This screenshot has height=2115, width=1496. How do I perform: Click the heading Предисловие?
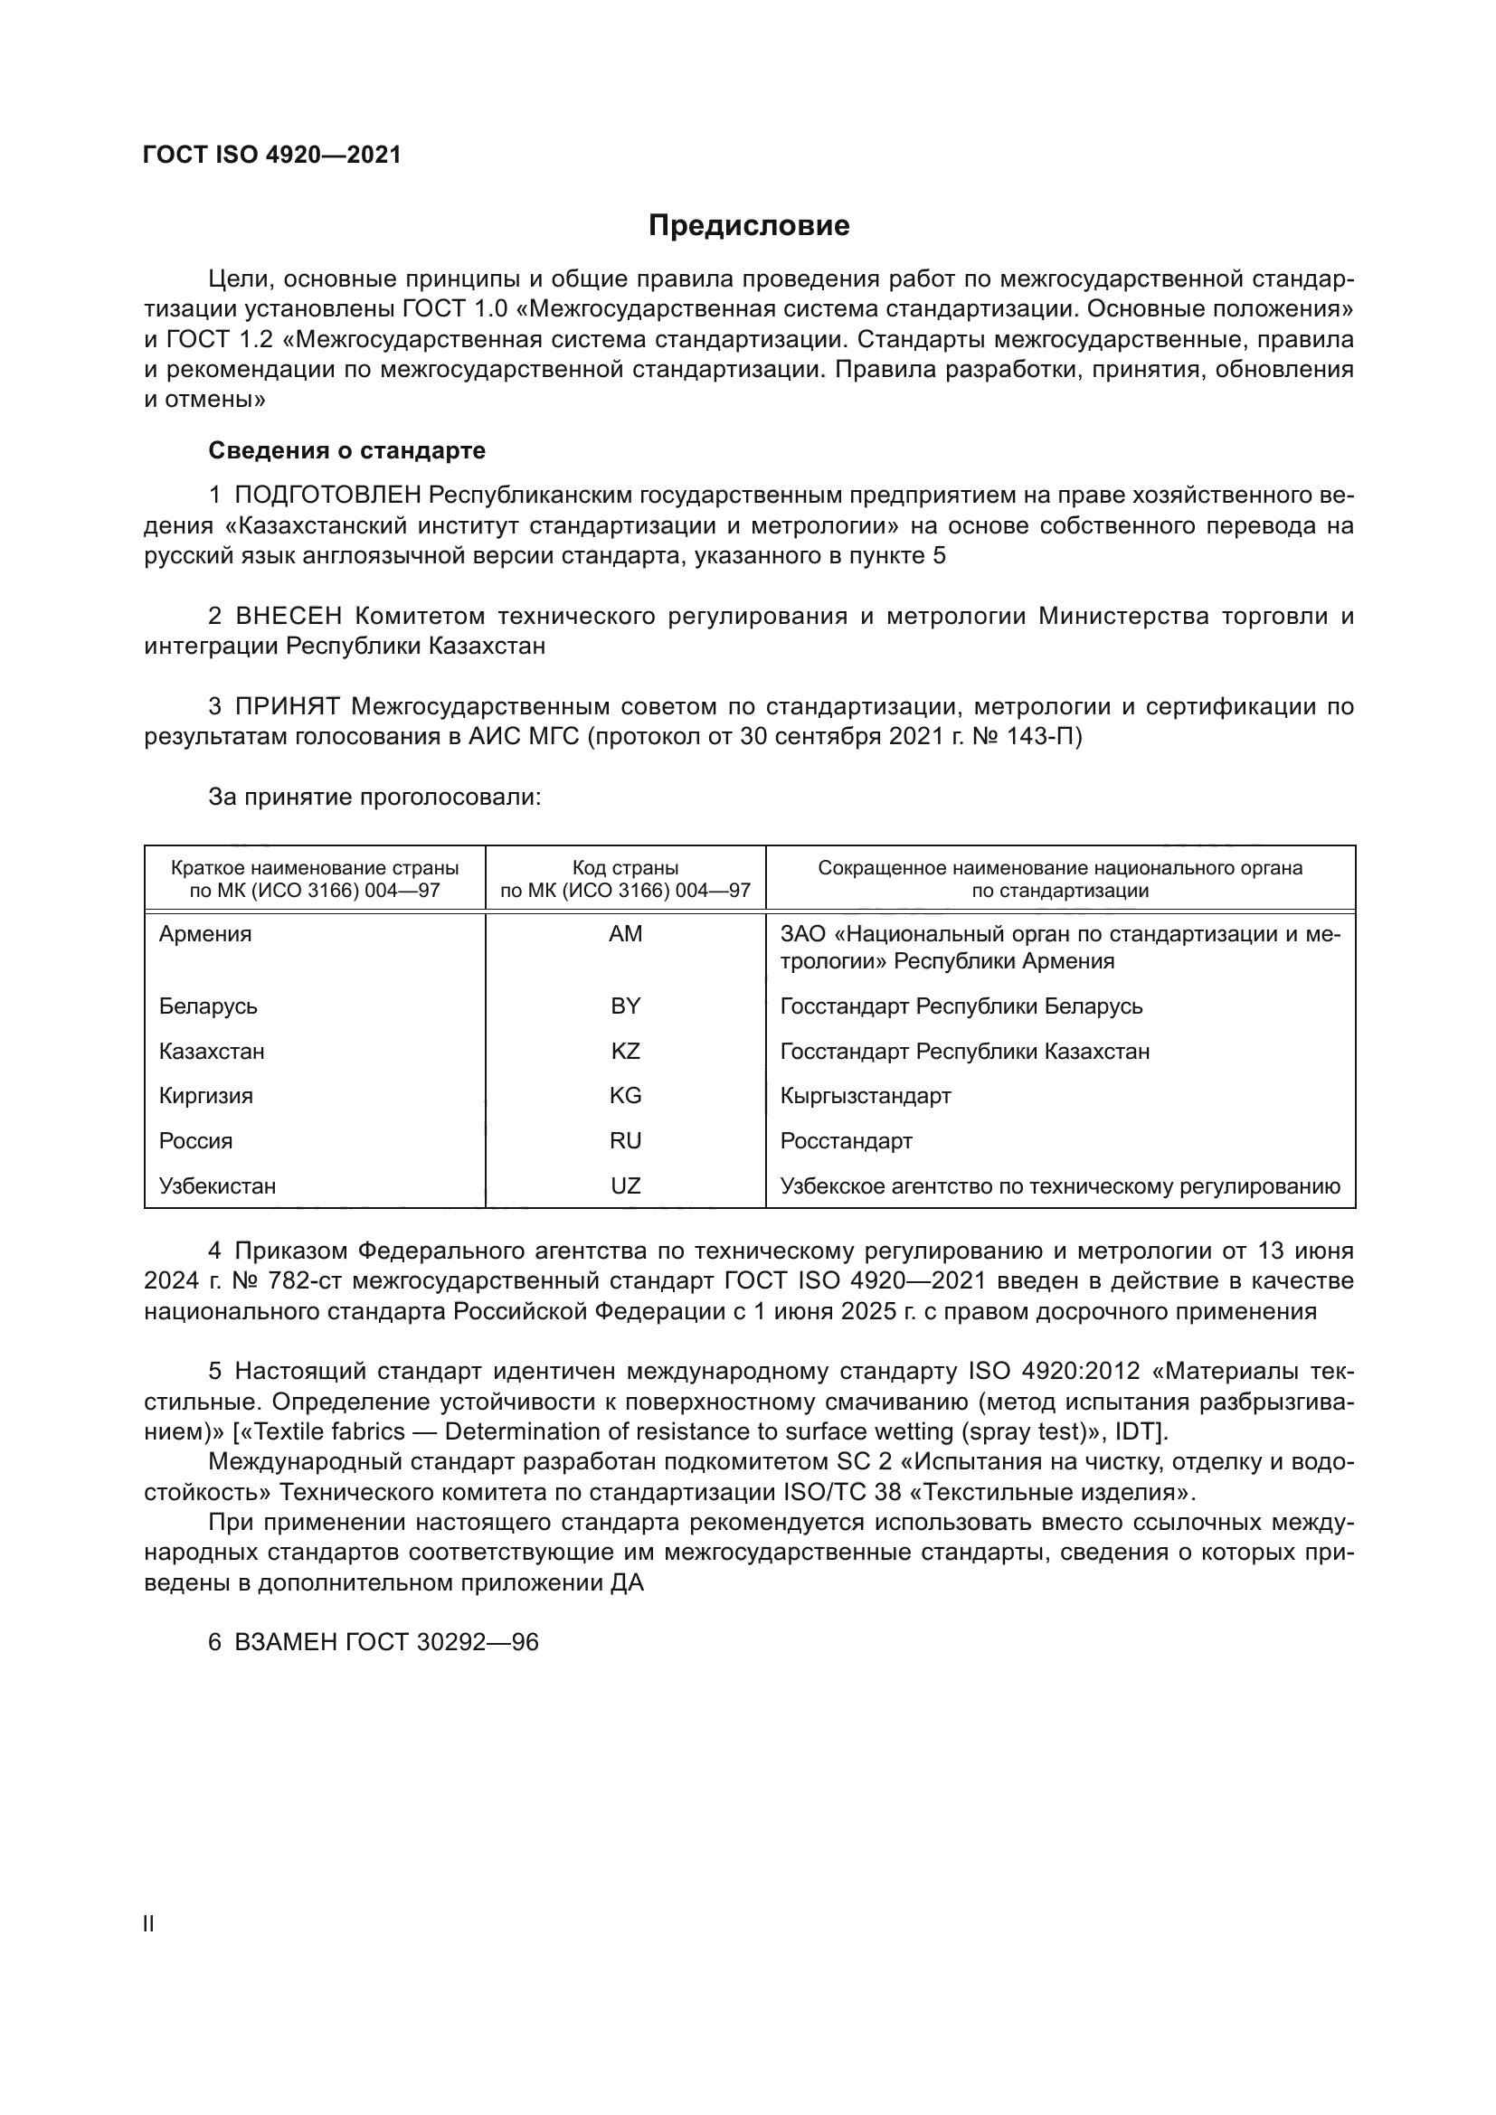coord(748,226)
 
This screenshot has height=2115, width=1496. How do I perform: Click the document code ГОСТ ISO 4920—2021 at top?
coord(272,155)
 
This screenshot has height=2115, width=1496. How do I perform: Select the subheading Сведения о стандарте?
coord(346,450)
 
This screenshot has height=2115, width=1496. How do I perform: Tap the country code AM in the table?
coord(626,934)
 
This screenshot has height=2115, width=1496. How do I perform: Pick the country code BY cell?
coord(626,1006)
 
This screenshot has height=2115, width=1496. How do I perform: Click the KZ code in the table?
coord(626,1051)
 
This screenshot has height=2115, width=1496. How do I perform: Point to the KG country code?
coord(626,1095)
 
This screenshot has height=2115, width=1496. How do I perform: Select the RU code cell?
coord(626,1140)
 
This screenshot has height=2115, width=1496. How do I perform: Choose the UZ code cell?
coord(626,1185)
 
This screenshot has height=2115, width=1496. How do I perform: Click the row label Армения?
coord(205,934)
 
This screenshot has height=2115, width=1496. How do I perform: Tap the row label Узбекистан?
coord(217,1185)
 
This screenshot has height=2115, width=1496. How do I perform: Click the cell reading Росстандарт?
coord(846,1140)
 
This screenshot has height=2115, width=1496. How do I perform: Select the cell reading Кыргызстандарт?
coord(865,1095)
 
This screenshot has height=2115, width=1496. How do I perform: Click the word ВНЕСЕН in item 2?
coord(289,617)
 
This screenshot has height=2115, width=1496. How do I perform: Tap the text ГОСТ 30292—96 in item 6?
coord(441,1642)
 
